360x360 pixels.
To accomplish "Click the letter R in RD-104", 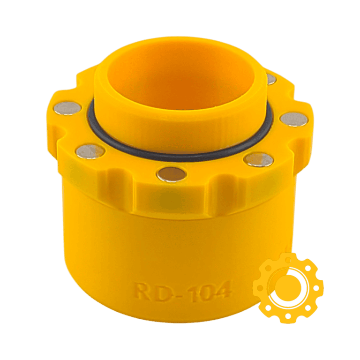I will pyautogui.click(x=142, y=290).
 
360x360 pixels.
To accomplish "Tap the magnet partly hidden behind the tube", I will pyautogui.click(x=271, y=80).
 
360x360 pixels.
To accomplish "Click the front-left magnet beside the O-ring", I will pyautogui.click(x=90, y=150).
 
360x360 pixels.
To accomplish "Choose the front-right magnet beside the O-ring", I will pyautogui.click(x=258, y=159).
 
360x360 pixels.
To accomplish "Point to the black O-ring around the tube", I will pyautogui.click(x=178, y=158).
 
